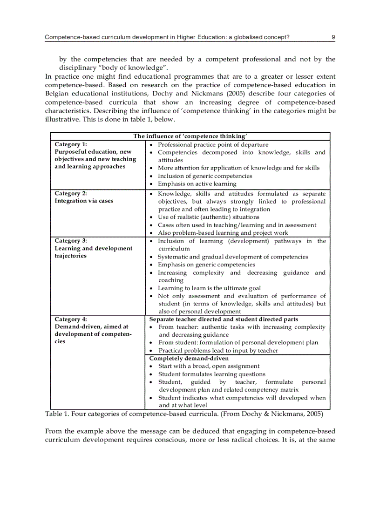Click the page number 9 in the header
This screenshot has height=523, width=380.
(x=333, y=37)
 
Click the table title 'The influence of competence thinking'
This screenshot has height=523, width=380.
(x=190, y=136)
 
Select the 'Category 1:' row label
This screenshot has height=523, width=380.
(x=71, y=144)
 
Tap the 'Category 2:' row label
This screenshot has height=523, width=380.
(x=71, y=193)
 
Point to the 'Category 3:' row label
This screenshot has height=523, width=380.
(x=71, y=241)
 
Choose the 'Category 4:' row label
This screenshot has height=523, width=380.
(x=71, y=319)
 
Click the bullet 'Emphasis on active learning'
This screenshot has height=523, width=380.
(x=197, y=183)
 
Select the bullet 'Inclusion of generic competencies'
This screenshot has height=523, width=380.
(x=204, y=176)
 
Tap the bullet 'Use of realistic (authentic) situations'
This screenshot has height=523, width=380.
(x=208, y=217)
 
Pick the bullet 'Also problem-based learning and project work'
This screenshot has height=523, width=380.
(x=223, y=233)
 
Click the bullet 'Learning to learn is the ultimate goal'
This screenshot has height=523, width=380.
(x=209, y=288)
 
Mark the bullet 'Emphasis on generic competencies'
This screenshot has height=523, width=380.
(x=206, y=265)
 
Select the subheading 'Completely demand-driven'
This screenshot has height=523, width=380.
(x=189, y=358)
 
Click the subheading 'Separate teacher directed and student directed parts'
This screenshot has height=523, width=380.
(x=224, y=319)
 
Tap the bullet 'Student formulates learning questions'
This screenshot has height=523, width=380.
(x=211, y=374)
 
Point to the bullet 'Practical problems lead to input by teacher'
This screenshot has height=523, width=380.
(x=218, y=350)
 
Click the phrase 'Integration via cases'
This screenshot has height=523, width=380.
(x=84, y=201)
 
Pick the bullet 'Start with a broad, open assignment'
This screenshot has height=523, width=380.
(x=209, y=366)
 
